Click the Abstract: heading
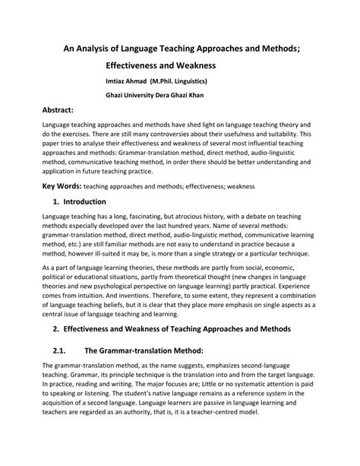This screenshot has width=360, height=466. [x=62, y=110]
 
